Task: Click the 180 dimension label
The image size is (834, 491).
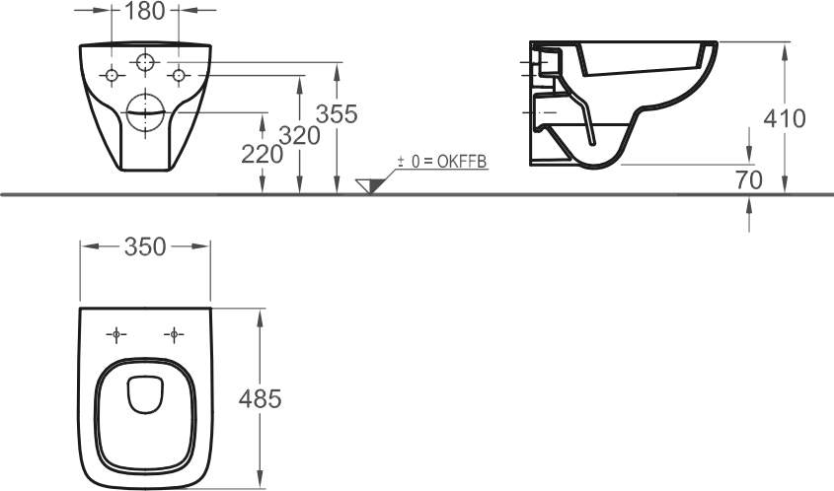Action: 145,12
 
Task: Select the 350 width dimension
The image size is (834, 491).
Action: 145,247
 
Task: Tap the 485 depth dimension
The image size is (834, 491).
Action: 262,398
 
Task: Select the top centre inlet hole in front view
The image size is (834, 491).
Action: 145,62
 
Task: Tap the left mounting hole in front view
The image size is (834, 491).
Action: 113,75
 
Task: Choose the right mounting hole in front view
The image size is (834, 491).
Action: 179,75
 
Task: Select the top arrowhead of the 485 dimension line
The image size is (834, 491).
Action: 261,315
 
